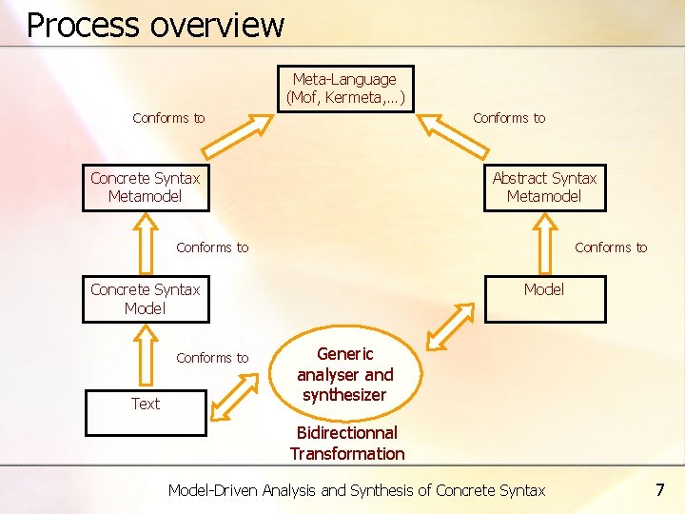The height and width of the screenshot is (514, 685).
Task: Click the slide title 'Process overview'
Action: tap(155, 25)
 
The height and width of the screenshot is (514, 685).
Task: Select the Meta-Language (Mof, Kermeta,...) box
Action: tap(345, 89)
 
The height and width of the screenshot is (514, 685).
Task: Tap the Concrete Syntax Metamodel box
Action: tap(146, 188)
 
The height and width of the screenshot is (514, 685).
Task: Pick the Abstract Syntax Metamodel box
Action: tap(544, 188)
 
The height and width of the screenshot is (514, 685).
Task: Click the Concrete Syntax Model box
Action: tap(146, 299)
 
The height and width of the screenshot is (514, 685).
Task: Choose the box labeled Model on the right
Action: tap(544, 299)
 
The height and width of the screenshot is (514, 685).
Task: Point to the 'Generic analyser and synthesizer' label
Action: tap(344, 374)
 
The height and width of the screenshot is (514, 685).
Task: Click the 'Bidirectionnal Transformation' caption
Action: tap(347, 444)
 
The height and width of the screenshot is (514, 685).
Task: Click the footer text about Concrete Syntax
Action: tap(357, 491)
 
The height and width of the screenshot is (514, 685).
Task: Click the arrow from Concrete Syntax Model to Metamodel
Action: tap(146, 244)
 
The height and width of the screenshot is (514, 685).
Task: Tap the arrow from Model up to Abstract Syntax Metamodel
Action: tap(544, 244)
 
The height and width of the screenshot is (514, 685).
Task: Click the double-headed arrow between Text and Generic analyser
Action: tap(233, 396)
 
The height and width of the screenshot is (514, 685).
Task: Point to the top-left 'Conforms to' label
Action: tap(168, 118)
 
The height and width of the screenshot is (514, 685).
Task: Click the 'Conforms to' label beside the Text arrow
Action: tap(212, 358)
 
